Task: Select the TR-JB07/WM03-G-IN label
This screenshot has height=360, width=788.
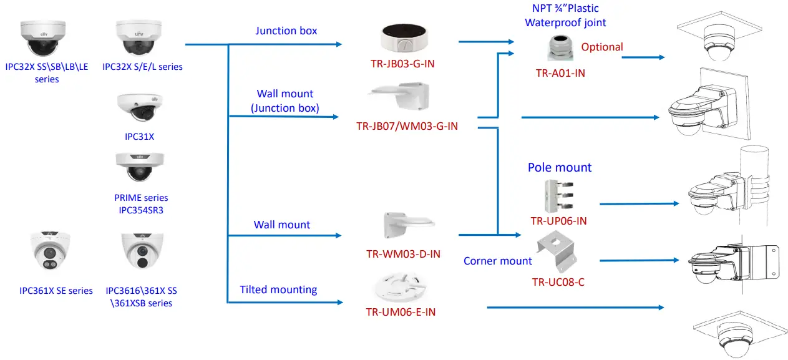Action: click(407, 126)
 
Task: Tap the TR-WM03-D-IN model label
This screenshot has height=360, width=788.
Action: click(403, 254)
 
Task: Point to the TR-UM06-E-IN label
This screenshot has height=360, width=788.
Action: click(401, 312)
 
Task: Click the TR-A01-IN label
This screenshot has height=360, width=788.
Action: click(560, 73)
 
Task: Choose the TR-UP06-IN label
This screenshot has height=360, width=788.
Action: click(558, 221)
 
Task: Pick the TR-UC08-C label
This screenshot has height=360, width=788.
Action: click(558, 282)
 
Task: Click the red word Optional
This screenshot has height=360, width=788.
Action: click(602, 47)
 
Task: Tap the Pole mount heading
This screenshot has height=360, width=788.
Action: click(560, 167)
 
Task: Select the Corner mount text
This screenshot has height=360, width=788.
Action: click(497, 261)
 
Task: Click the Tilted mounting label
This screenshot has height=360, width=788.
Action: click(278, 289)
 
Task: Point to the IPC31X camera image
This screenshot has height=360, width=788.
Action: click(139, 107)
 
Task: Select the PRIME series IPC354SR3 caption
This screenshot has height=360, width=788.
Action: click(140, 203)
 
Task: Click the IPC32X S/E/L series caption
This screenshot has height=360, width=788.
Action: click(142, 66)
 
